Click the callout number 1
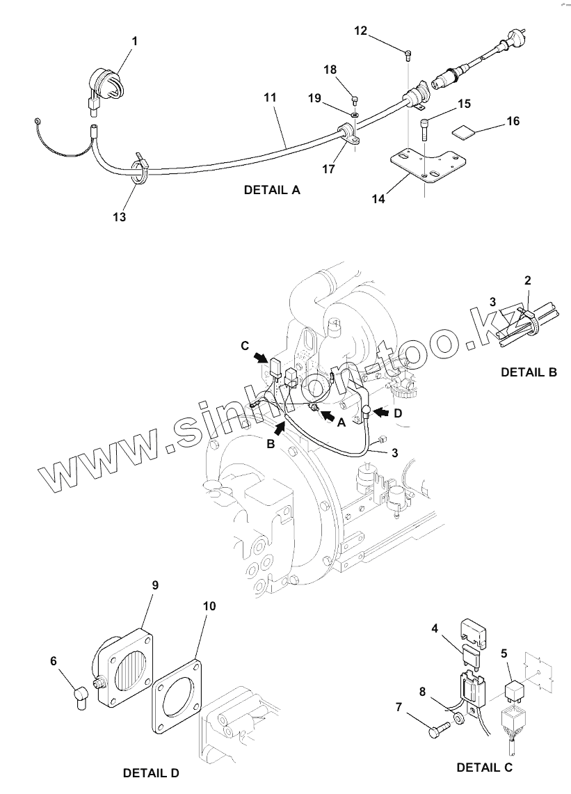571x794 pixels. coord(135,42)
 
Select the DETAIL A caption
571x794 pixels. coord(272,190)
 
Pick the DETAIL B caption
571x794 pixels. coord(529,372)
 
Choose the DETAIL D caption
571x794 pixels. coord(151,772)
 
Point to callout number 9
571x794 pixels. coord(155,585)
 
